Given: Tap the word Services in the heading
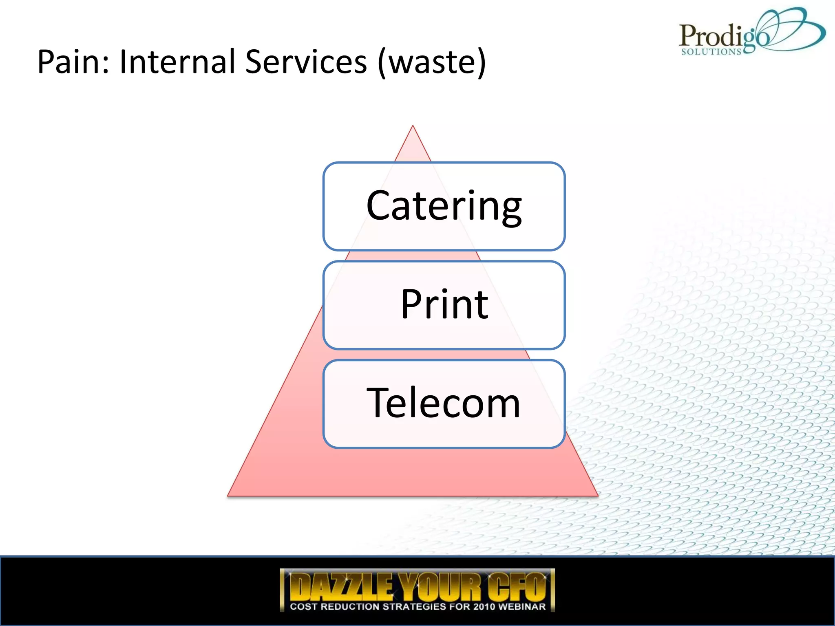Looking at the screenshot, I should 306,62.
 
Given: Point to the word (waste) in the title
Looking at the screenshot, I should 432,62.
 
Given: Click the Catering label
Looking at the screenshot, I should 444,206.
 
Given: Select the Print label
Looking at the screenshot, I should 444,304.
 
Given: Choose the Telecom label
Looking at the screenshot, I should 444,403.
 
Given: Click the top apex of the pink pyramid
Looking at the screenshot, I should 413,126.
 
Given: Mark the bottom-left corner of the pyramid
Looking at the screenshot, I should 228,495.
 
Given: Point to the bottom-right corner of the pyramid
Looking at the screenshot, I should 597,495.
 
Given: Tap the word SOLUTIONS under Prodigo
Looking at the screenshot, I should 711,52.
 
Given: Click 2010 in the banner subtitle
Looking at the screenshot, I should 485,606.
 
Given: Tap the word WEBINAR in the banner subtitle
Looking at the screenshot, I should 522,606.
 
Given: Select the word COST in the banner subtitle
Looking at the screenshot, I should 303,606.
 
